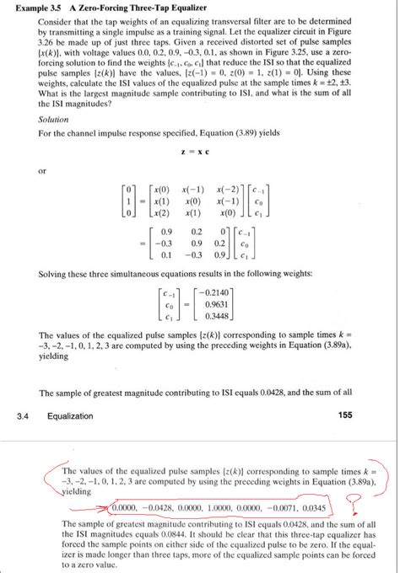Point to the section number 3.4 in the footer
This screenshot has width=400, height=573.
[23, 415]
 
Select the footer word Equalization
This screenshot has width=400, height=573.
[74, 415]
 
